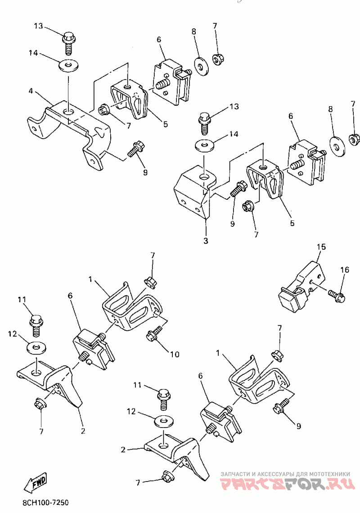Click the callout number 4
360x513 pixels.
pos(31,90)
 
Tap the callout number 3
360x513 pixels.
pos(205,241)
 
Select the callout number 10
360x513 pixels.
pos(174,355)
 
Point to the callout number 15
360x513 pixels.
pos(321,247)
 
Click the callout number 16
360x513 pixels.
pos(344,270)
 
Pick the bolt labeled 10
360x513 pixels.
pos(154,333)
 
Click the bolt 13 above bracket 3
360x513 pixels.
pos(204,122)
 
